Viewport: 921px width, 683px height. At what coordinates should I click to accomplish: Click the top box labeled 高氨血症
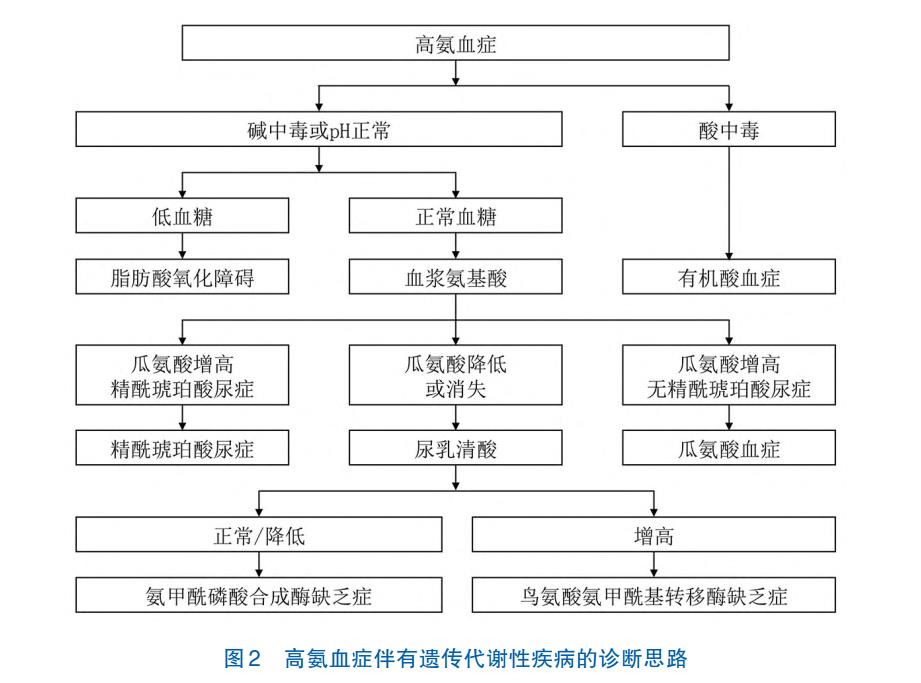(x=455, y=43)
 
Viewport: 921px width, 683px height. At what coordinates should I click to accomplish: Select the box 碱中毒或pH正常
(x=318, y=129)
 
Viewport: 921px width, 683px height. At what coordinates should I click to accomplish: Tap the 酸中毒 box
(x=728, y=129)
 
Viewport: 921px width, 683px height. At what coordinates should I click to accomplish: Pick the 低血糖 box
(x=182, y=216)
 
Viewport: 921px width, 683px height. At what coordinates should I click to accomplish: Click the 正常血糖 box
(x=455, y=216)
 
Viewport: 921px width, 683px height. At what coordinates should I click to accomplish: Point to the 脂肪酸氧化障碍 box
(x=182, y=277)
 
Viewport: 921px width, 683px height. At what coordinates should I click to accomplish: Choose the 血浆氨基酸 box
(x=455, y=277)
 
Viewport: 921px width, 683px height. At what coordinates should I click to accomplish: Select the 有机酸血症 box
(x=728, y=277)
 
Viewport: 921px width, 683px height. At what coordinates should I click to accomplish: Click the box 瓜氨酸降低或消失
(x=455, y=375)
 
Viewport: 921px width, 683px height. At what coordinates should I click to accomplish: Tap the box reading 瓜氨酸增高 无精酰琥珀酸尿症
(x=728, y=375)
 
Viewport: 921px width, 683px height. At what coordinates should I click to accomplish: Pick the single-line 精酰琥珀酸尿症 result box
(x=182, y=448)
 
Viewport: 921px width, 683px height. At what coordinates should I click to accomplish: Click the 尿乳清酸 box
(x=455, y=448)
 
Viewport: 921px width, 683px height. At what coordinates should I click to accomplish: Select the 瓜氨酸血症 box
(x=728, y=448)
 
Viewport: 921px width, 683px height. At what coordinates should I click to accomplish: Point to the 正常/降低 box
(x=258, y=534)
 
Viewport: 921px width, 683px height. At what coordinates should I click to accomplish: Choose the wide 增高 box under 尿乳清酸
(x=653, y=534)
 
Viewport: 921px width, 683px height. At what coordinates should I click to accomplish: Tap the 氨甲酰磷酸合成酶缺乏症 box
(x=258, y=595)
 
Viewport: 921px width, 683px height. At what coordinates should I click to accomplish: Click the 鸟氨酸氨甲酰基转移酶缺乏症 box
(x=653, y=595)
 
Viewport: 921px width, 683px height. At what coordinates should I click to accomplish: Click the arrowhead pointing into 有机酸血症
(x=728, y=255)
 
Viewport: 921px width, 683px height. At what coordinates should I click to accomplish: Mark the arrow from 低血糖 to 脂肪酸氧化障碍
(x=182, y=246)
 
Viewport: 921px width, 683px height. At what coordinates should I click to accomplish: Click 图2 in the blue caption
(x=241, y=658)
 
